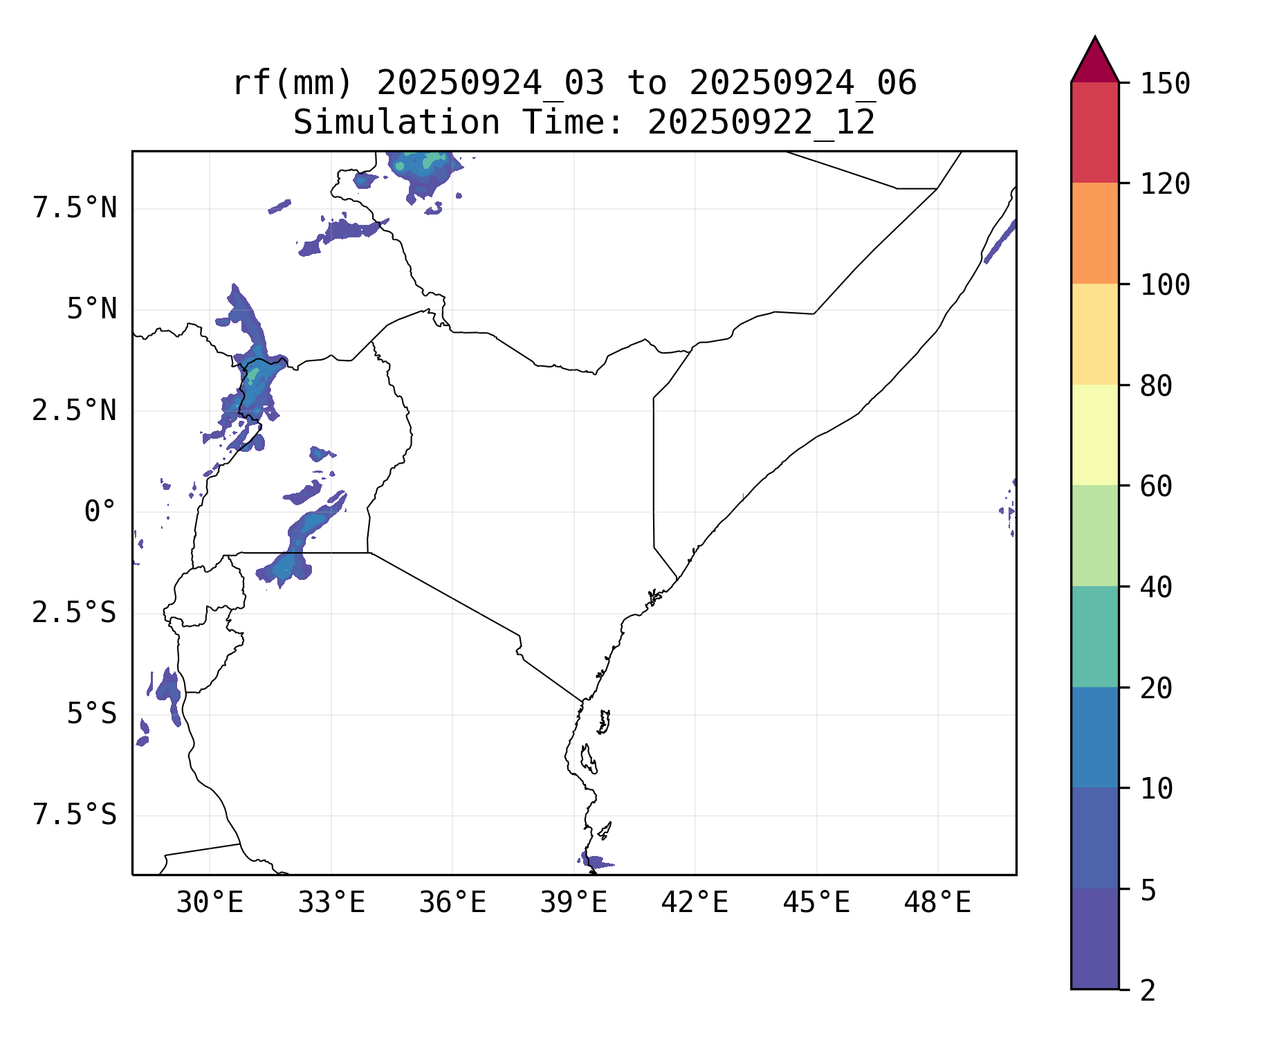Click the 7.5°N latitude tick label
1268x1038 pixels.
[75, 208]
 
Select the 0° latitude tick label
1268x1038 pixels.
[100, 512]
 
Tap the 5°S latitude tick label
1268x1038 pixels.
[91, 713]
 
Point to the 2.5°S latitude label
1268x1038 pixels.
[75, 612]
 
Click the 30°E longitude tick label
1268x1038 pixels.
[210, 903]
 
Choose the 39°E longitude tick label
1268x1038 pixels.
[573, 903]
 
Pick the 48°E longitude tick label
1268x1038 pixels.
[937, 903]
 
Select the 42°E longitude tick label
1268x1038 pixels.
[695, 903]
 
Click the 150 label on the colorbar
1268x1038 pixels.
[1165, 84]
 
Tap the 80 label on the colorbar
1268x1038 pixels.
[1156, 386]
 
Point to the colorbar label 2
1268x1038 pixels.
[1148, 991]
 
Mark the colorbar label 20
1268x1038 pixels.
[1156, 689]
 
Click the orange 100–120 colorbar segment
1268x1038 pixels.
[1094, 233]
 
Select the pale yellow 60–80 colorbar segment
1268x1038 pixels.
[1094, 435]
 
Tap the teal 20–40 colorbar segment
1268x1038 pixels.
[1094, 637]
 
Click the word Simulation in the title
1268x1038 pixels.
[396, 123]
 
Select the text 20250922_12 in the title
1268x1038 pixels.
[761, 123]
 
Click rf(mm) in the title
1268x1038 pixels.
[293, 84]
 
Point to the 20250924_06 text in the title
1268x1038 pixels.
[802, 84]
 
